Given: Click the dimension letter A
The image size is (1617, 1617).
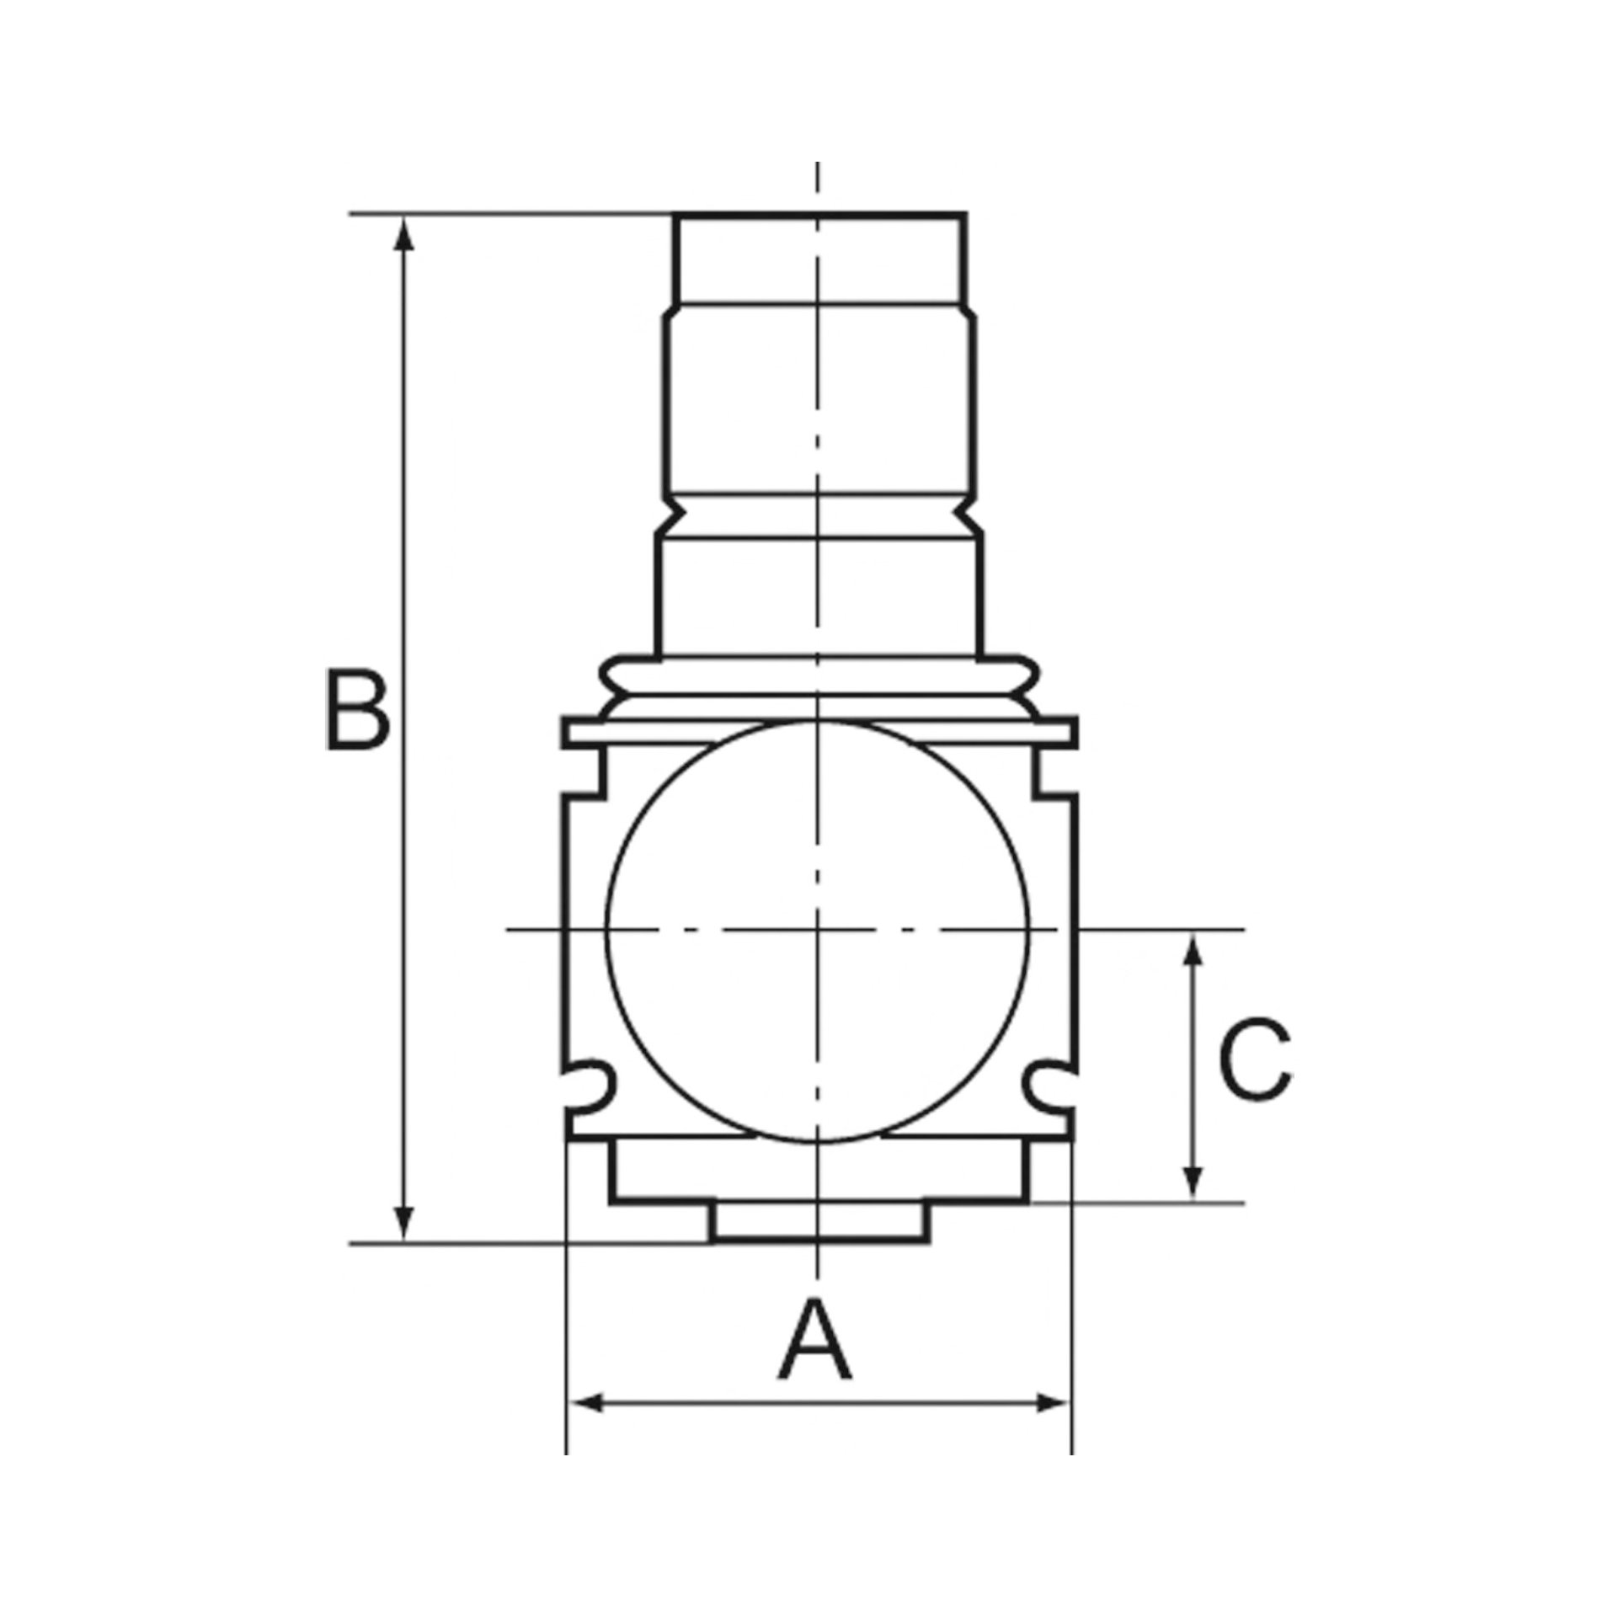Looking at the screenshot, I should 816,1338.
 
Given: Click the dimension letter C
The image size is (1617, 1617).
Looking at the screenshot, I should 1256,1072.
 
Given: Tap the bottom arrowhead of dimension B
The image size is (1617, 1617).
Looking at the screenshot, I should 405,1247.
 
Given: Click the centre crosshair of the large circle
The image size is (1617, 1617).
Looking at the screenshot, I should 817,931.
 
